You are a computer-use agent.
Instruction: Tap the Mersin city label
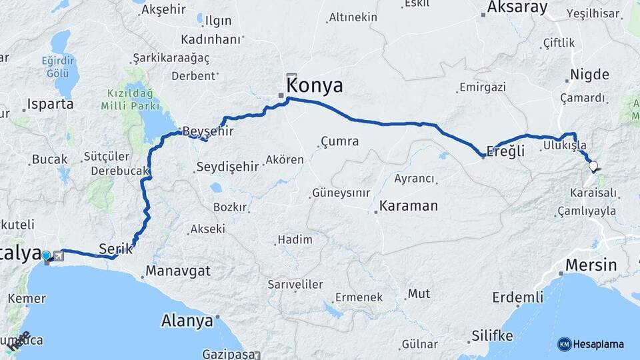click(x=591, y=265)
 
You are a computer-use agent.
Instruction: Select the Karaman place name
click(x=409, y=205)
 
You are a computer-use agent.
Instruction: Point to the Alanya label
click(x=187, y=321)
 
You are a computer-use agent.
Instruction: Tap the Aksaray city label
click(x=517, y=8)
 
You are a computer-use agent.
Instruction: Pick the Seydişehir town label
click(x=227, y=167)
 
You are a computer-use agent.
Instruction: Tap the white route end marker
click(x=593, y=167)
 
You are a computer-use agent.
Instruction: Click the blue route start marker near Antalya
click(x=46, y=255)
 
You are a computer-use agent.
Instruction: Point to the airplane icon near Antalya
click(x=59, y=256)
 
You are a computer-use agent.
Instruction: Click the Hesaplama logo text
click(x=598, y=344)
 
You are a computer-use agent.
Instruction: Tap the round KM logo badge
click(x=564, y=344)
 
